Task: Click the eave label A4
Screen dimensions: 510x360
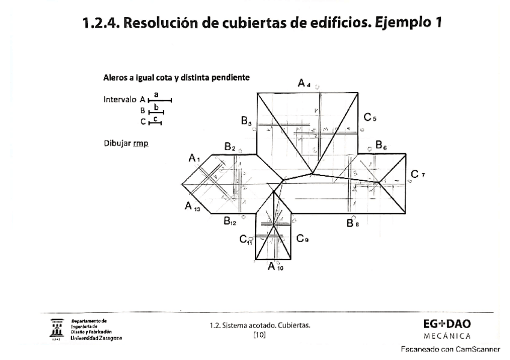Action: point(304,84)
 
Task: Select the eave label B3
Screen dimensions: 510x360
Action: point(247,122)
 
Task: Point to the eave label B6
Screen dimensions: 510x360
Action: point(381,145)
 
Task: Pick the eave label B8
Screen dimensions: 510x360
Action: point(352,223)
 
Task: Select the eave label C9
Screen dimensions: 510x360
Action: point(302,239)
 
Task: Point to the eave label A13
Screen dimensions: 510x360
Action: point(192,207)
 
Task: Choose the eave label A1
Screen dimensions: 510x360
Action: point(194,158)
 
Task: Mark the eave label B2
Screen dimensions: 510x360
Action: point(230,146)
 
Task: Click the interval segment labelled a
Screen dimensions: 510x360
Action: point(159,100)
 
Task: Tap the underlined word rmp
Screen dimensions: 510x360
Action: point(142,144)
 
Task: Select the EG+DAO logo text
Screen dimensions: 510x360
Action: point(447,324)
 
